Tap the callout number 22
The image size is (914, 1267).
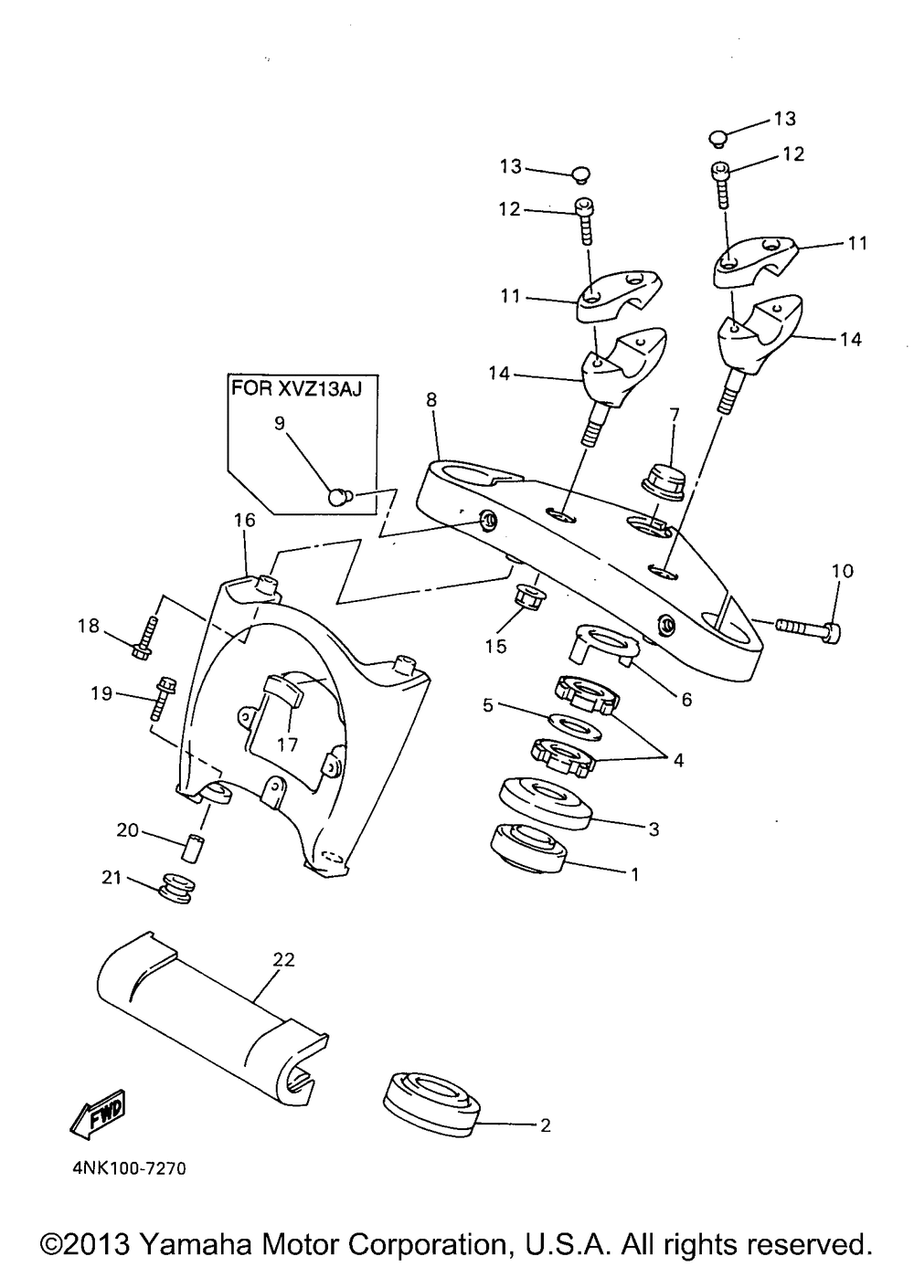coord(284,960)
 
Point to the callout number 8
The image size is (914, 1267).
coord(431,399)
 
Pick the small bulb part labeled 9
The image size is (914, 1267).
coord(340,496)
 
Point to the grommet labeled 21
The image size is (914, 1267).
coord(174,889)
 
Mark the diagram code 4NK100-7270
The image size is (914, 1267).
coord(127,1168)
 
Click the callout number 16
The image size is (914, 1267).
coord(244,520)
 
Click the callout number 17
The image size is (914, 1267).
coord(288,744)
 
